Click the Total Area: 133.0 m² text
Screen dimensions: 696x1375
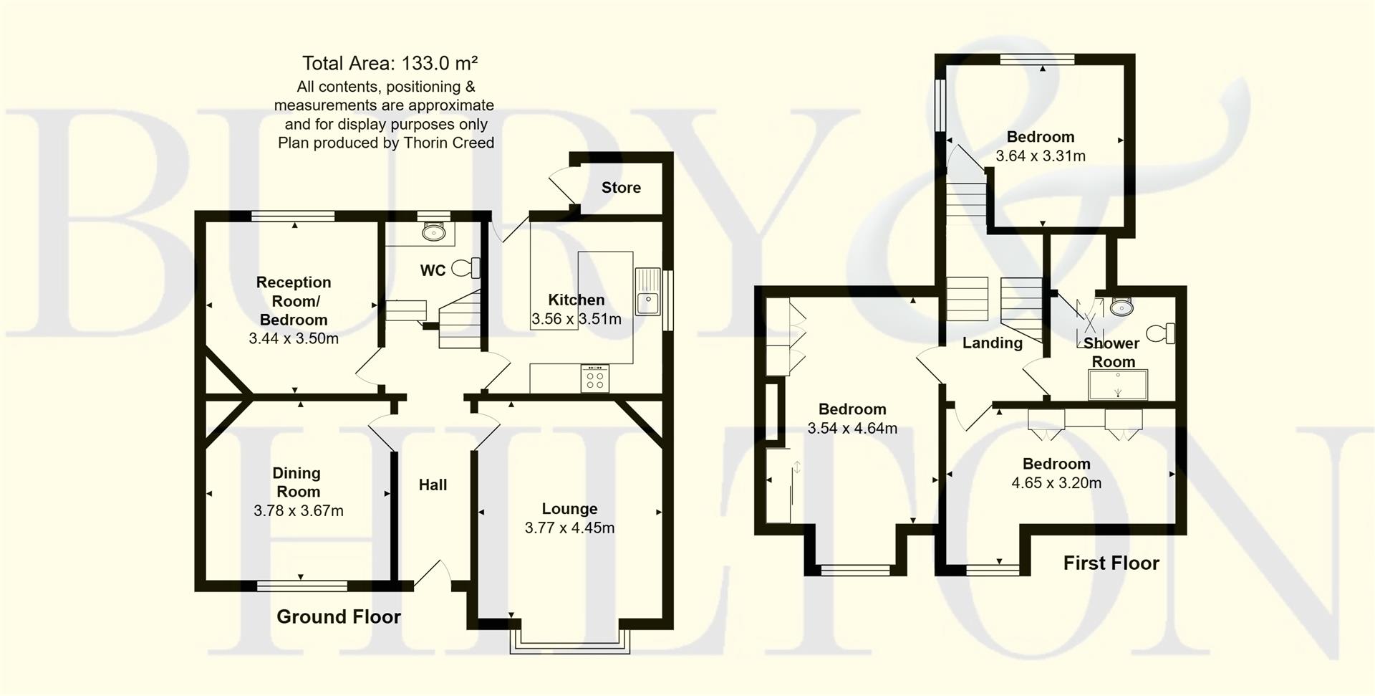[x=390, y=64]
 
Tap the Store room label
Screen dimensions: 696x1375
[x=621, y=188]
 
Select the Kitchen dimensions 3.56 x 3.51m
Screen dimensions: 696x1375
[x=576, y=319]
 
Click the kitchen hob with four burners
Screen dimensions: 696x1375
[x=595, y=378]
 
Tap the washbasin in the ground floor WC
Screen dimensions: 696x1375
[x=434, y=232]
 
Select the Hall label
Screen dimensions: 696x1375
[x=433, y=485]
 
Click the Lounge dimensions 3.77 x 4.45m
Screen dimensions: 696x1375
[x=569, y=528]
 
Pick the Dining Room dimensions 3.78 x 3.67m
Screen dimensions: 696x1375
[x=298, y=511]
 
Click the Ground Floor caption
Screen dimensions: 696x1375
[x=338, y=617]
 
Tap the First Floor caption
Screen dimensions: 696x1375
[x=1111, y=563]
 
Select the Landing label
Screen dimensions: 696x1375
[x=992, y=343]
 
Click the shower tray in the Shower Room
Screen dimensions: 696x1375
[x=1117, y=384]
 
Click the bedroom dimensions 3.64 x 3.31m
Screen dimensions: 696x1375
[x=1040, y=156]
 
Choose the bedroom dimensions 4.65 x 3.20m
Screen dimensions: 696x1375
[x=1056, y=483]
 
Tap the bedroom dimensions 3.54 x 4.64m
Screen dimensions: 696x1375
[x=851, y=429]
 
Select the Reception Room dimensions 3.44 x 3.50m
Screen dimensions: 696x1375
[x=293, y=339]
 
